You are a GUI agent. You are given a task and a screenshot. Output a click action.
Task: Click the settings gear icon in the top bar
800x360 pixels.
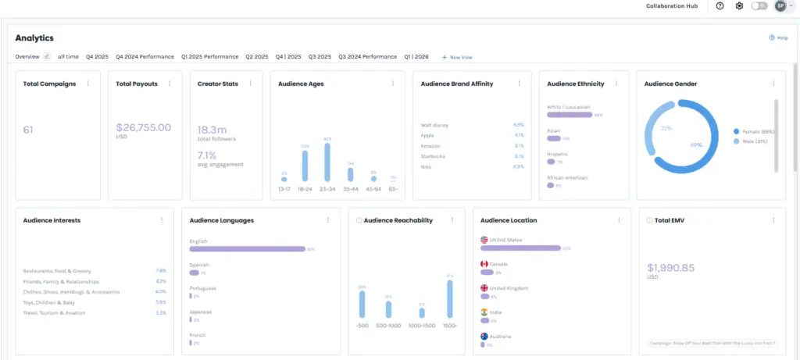[739, 6]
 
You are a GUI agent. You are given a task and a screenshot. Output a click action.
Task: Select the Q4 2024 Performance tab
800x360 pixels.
[145, 57]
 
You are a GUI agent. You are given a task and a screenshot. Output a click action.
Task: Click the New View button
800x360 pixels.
[457, 57]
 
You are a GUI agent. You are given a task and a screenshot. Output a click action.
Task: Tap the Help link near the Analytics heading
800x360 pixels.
[779, 37]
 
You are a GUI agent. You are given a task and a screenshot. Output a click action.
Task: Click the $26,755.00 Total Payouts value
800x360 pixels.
[143, 128]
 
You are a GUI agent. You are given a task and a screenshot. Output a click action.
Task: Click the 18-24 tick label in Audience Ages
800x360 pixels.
[305, 189]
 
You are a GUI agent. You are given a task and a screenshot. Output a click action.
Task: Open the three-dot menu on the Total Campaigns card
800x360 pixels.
[87, 84]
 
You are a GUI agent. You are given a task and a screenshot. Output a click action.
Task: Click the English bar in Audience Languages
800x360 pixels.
[247, 249]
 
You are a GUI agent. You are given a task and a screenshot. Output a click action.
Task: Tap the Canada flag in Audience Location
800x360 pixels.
[484, 264]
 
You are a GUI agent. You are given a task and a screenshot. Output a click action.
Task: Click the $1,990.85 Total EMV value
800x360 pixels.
[671, 268]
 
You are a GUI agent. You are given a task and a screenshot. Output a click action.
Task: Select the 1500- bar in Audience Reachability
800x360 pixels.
[450, 298]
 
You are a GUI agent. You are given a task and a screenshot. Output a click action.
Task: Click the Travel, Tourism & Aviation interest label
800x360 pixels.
[55, 313]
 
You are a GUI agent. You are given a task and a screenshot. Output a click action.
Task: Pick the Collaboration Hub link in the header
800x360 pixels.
[671, 6]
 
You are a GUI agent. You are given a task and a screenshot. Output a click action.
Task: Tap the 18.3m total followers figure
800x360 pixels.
[212, 130]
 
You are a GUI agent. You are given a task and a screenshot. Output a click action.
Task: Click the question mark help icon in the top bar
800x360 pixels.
[720, 6]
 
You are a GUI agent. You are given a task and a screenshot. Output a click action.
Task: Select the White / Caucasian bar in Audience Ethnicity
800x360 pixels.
[570, 115]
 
